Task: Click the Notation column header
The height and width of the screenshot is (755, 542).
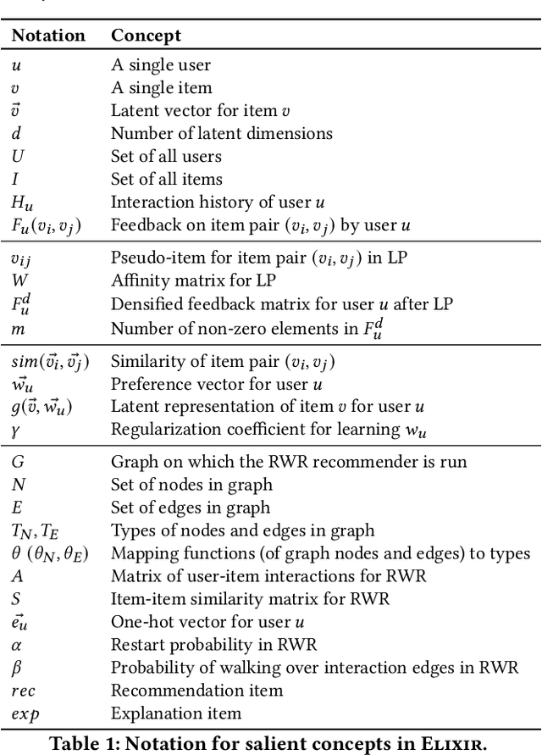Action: (48, 36)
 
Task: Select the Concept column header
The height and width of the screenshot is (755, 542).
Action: (146, 36)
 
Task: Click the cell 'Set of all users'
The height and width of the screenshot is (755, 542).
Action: (166, 157)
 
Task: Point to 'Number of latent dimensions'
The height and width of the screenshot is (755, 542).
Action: (221, 134)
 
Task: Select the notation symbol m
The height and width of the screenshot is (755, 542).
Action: (17, 325)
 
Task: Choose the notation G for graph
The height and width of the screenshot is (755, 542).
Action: (17, 462)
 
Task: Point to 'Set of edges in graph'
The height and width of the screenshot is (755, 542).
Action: (191, 508)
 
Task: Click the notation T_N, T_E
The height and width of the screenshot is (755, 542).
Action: (33, 530)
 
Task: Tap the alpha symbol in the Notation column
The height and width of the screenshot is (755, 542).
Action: (15, 645)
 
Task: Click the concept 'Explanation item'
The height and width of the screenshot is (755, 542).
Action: (175, 713)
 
